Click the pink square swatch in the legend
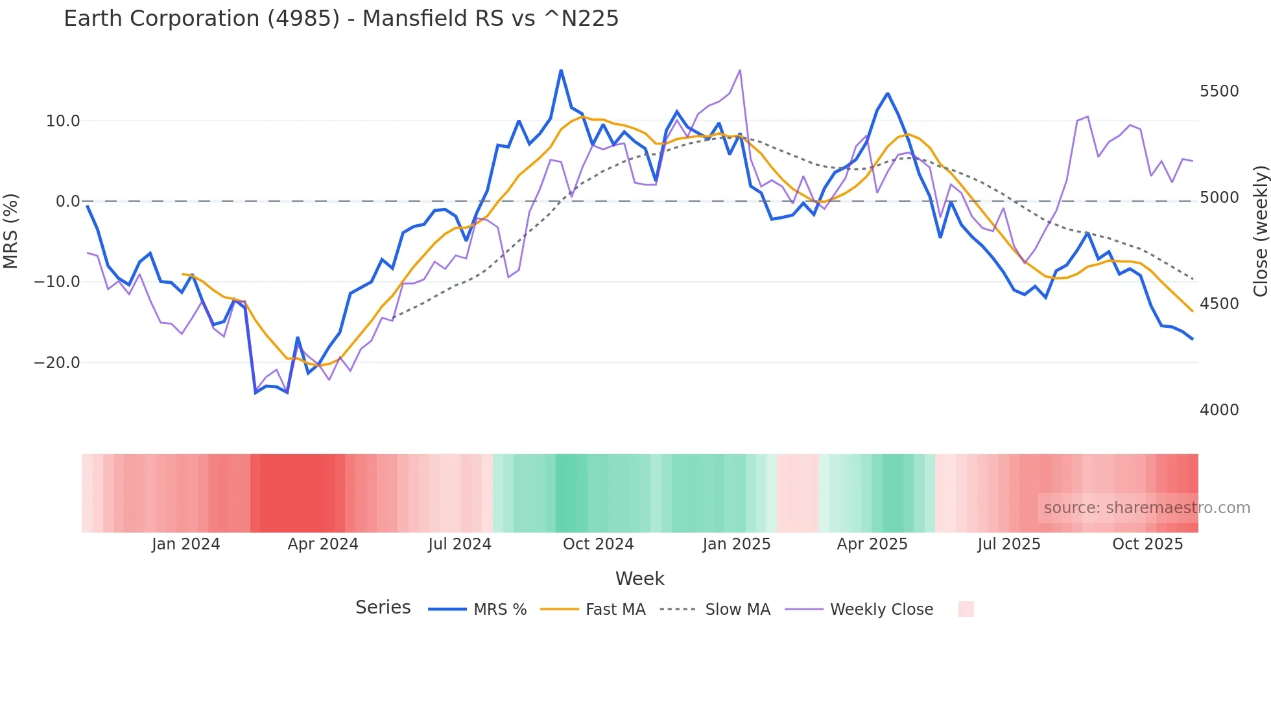pos(966,609)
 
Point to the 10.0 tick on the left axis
pos(63,121)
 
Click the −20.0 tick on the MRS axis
pos(57,363)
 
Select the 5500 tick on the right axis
pos(1219,91)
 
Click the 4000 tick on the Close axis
pos(1219,410)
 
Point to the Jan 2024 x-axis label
pos(186,544)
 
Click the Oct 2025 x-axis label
pos(1147,544)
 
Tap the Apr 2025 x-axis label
pos(872,544)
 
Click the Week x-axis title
pos(639,579)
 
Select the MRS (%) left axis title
pos(11,231)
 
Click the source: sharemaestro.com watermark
pos(1146,508)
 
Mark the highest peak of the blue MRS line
pos(561,70)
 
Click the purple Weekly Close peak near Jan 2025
pos(740,70)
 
